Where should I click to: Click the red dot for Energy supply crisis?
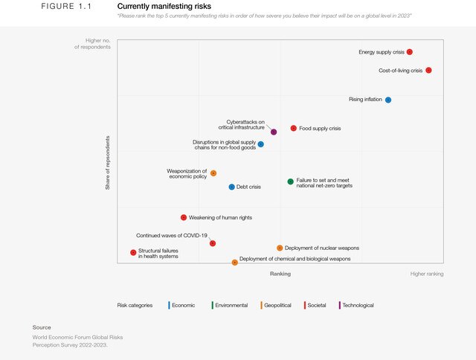(410, 52)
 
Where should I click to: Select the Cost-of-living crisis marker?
(428, 71)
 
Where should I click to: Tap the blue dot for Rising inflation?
(388, 100)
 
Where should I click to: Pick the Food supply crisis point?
(294, 129)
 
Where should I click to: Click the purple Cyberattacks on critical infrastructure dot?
(274, 132)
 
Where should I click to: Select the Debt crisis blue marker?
(232, 187)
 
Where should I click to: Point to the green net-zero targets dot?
(291, 181)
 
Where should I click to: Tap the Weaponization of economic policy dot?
(213, 173)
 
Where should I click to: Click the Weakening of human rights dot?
(184, 218)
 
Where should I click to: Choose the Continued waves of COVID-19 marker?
(213, 243)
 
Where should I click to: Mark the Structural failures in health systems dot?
(133, 253)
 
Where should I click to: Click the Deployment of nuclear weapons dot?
(280, 248)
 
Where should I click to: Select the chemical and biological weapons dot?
(234, 262)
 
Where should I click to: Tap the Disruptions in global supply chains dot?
(260, 144)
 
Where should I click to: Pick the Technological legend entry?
(357, 305)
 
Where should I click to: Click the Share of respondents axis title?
(108, 162)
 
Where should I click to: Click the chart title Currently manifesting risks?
(154, 6)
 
